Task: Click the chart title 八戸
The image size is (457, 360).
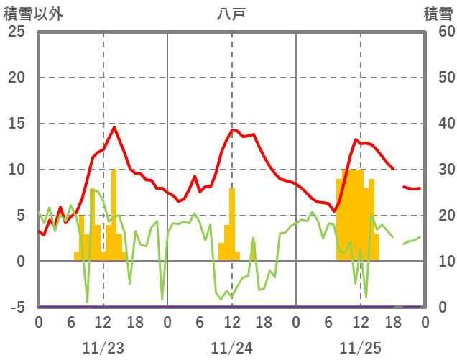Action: click(x=231, y=14)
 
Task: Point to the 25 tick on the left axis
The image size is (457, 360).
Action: click(x=16, y=32)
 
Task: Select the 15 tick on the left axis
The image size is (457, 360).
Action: click(x=16, y=124)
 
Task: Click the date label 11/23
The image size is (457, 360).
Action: click(x=103, y=348)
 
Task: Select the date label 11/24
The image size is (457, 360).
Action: click(x=231, y=348)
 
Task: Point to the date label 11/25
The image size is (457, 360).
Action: click(x=360, y=348)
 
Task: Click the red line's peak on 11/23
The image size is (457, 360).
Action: click(x=114, y=127)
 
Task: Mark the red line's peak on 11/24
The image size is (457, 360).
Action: click(x=232, y=130)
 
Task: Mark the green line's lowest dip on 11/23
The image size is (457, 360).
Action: click(x=87, y=302)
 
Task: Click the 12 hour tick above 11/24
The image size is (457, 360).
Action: click(x=231, y=322)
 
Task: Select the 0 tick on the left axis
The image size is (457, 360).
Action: click(x=20, y=262)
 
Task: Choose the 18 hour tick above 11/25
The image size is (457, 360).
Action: click(x=392, y=322)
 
